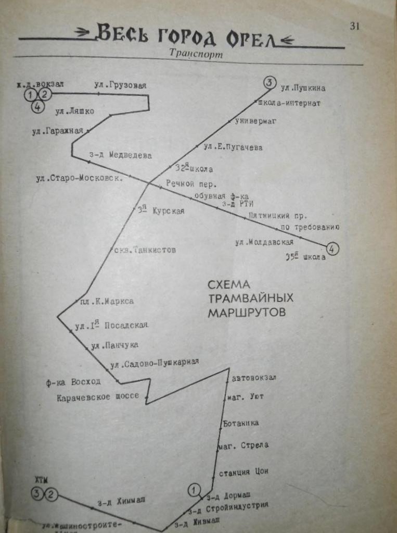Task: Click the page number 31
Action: pos(355,27)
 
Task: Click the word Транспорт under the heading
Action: pos(196,54)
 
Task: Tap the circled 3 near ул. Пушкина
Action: pos(268,82)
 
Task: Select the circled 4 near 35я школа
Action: pos(332,249)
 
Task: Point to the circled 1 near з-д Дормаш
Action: pos(194,489)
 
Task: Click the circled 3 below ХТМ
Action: pos(36,494)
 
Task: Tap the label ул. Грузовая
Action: pos(120,84)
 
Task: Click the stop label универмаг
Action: pos(255,121)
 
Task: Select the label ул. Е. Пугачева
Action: pos(233,147)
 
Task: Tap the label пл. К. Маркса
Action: pos(107,301)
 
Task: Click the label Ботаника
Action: pos(241,423)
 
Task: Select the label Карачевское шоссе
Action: pos(98,396)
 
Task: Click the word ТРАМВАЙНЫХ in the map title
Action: pos(251,299)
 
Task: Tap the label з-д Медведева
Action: pos(120,155)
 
